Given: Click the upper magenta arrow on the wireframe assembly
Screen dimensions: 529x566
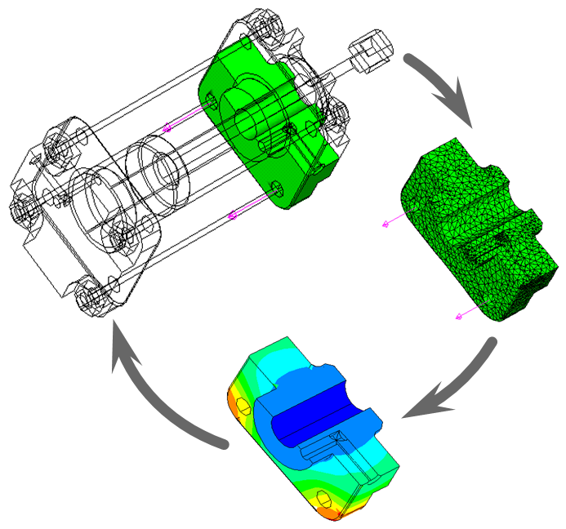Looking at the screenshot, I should point(168,127).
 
